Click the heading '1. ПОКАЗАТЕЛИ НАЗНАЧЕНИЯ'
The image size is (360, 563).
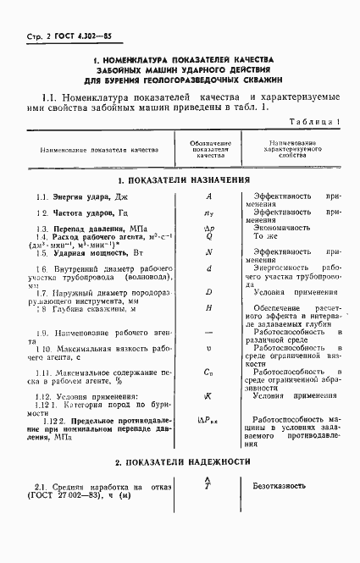pyautogui.click(x=184, y=180)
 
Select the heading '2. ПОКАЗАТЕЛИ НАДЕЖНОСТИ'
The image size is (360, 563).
pyautogui.click(x=183, y=461)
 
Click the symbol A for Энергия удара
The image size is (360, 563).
pyautogui.click(x=208, y=196)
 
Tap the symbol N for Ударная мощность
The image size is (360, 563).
pyautogui.click(x=208, y=252)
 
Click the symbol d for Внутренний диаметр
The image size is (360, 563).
pyautogui.click(x=208, y=268)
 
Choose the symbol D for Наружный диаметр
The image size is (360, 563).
pyautogui.click(x=208, y=291)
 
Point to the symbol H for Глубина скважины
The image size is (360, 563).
pyautogui.click(x=208, y=307)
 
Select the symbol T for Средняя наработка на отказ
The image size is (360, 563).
pyautogui.click(x=208, y=487)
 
